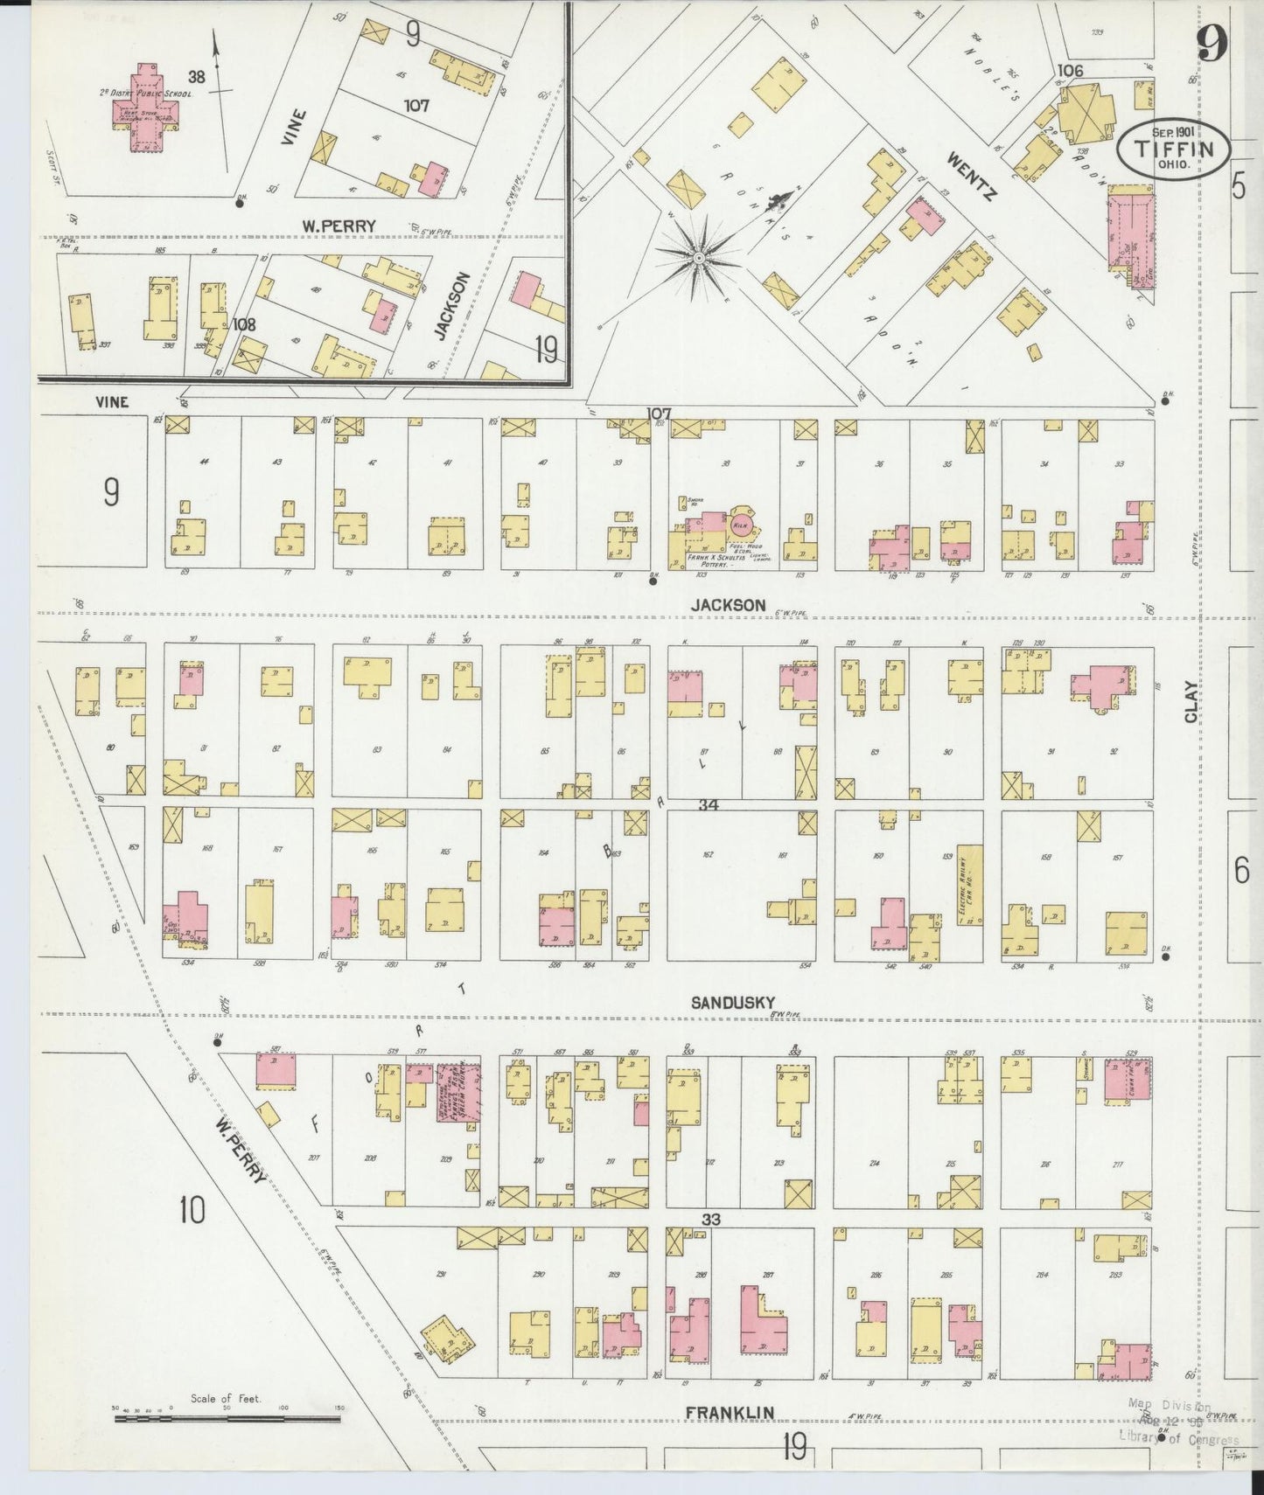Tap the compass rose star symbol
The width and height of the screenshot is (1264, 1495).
tap(699, 259)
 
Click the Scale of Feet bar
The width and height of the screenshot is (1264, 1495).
tap(227, 1418)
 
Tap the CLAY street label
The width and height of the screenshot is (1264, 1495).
tap(1191, 701)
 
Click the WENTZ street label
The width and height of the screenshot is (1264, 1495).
tap(972, 176)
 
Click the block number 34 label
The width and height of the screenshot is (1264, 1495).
tap(708, 804)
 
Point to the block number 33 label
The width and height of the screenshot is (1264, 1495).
tap(709, 1219)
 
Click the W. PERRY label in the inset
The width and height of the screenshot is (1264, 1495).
tap(339, 226)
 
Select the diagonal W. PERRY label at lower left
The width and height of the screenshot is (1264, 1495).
tap(241, 1154)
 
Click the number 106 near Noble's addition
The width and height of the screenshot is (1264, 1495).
tap(1069, 70)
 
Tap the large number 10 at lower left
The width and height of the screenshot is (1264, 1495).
tap(192, 1211)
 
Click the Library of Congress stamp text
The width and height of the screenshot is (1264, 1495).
tap(1178, 1440)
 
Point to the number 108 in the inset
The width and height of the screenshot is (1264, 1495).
tap(244, 323)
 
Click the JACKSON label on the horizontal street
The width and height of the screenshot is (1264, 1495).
tap(728, 605)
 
